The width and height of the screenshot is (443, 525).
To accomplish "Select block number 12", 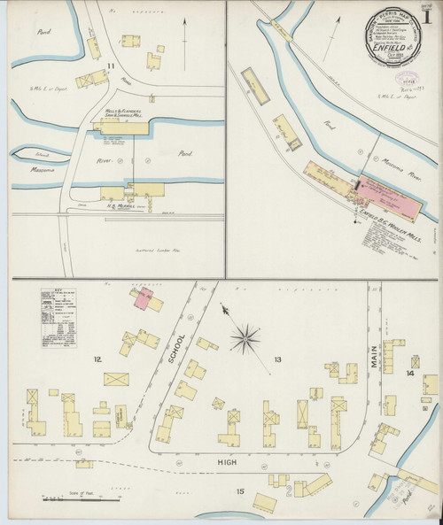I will tap(98, 359).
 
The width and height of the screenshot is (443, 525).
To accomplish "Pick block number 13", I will tap(278, 359).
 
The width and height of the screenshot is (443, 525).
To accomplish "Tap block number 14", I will tap(409, 373).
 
